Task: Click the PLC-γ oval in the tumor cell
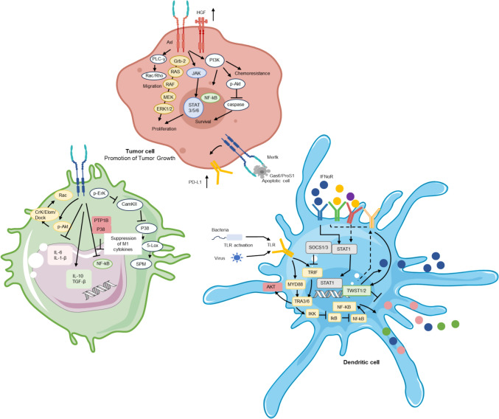[x=158, y=59]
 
